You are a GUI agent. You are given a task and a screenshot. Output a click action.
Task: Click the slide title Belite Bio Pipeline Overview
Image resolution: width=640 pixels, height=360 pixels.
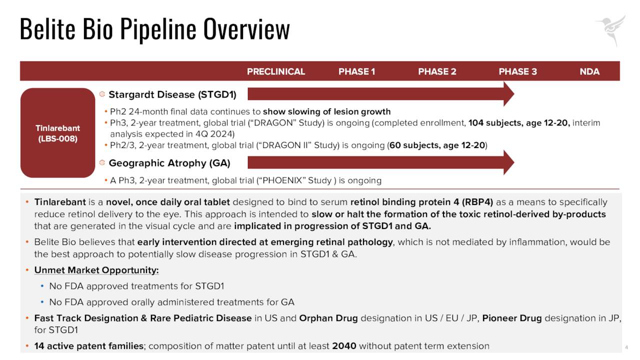pos(154,29)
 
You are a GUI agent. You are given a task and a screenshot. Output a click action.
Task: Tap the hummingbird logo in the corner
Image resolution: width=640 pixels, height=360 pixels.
pos(611,29)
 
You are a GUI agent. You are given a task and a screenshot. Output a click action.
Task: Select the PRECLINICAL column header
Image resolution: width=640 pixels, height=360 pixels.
pos(276,71)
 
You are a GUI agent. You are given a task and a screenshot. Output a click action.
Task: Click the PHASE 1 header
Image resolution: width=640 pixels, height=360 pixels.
pos(356,71)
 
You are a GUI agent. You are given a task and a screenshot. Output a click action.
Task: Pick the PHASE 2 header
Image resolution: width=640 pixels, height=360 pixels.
pos(437,71)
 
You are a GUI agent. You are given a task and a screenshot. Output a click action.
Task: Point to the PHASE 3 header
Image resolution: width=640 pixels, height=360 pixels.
pos(517,71)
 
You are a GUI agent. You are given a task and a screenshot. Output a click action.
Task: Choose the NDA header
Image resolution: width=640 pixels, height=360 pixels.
pos(589,71)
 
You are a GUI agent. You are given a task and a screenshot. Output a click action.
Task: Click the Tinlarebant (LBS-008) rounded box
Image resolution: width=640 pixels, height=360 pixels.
pos(58,133)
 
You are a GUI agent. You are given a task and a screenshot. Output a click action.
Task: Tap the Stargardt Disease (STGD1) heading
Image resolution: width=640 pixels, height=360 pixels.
pos(172,94)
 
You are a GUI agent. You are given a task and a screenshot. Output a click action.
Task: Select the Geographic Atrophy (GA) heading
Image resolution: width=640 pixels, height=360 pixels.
pos(169,163)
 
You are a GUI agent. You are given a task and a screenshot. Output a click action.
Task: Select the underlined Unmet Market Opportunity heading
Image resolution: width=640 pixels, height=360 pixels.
pos(96,270)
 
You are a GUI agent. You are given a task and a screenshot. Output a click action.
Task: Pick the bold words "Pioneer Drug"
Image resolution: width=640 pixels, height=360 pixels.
pos(512,318)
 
